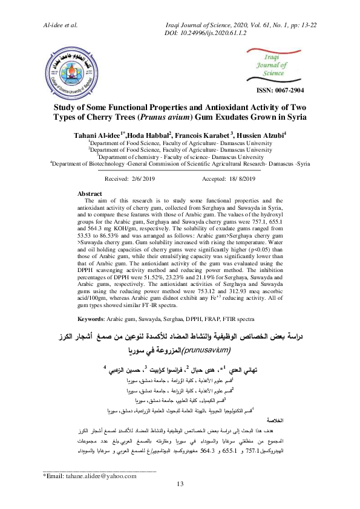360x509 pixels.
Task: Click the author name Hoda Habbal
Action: point(146,134)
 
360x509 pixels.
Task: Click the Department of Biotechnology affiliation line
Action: point(180,162)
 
